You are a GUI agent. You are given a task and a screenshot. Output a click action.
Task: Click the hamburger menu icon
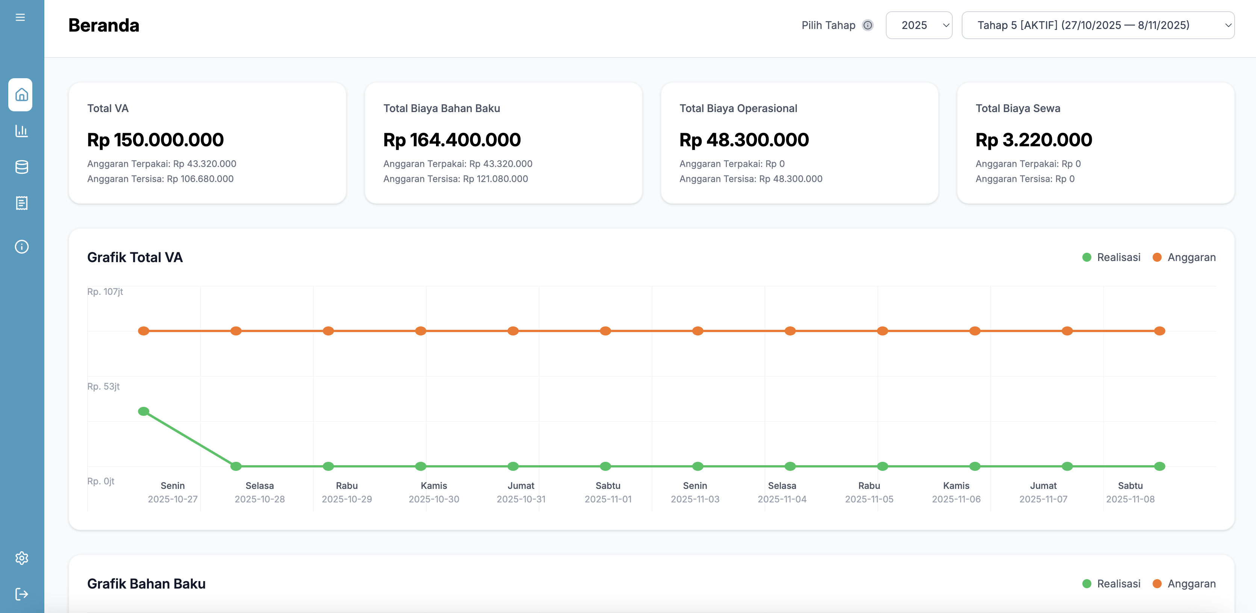point(20,18)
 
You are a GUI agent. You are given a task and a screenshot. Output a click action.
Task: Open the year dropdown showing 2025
point(919,25)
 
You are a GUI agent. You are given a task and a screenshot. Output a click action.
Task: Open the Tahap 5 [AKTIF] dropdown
point(1097,25)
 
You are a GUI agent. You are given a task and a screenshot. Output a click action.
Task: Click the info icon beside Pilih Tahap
point(868,25)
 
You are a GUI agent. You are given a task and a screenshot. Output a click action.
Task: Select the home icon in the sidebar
point(21,95)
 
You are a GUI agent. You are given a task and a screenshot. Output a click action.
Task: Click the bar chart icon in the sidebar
point(21,131)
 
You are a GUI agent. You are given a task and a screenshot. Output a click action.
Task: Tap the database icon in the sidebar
point(21,167)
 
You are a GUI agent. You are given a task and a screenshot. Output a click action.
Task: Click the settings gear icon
point(21,558)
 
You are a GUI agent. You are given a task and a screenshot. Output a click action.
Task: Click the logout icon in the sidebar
point(21,594)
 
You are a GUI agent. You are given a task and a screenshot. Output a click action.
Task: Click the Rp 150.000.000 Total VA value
point(156,140)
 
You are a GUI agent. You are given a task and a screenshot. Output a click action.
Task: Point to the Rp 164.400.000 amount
point(452,140)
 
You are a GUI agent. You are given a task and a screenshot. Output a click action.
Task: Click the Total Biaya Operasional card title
point(738,108)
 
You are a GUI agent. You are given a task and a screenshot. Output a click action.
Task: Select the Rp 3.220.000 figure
point(1034,140)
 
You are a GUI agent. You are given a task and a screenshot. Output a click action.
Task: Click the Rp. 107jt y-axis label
point(105,291)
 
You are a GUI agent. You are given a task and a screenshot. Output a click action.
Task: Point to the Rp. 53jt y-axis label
point(103,386)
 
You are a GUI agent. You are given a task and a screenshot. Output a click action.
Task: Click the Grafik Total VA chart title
point(135,257)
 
